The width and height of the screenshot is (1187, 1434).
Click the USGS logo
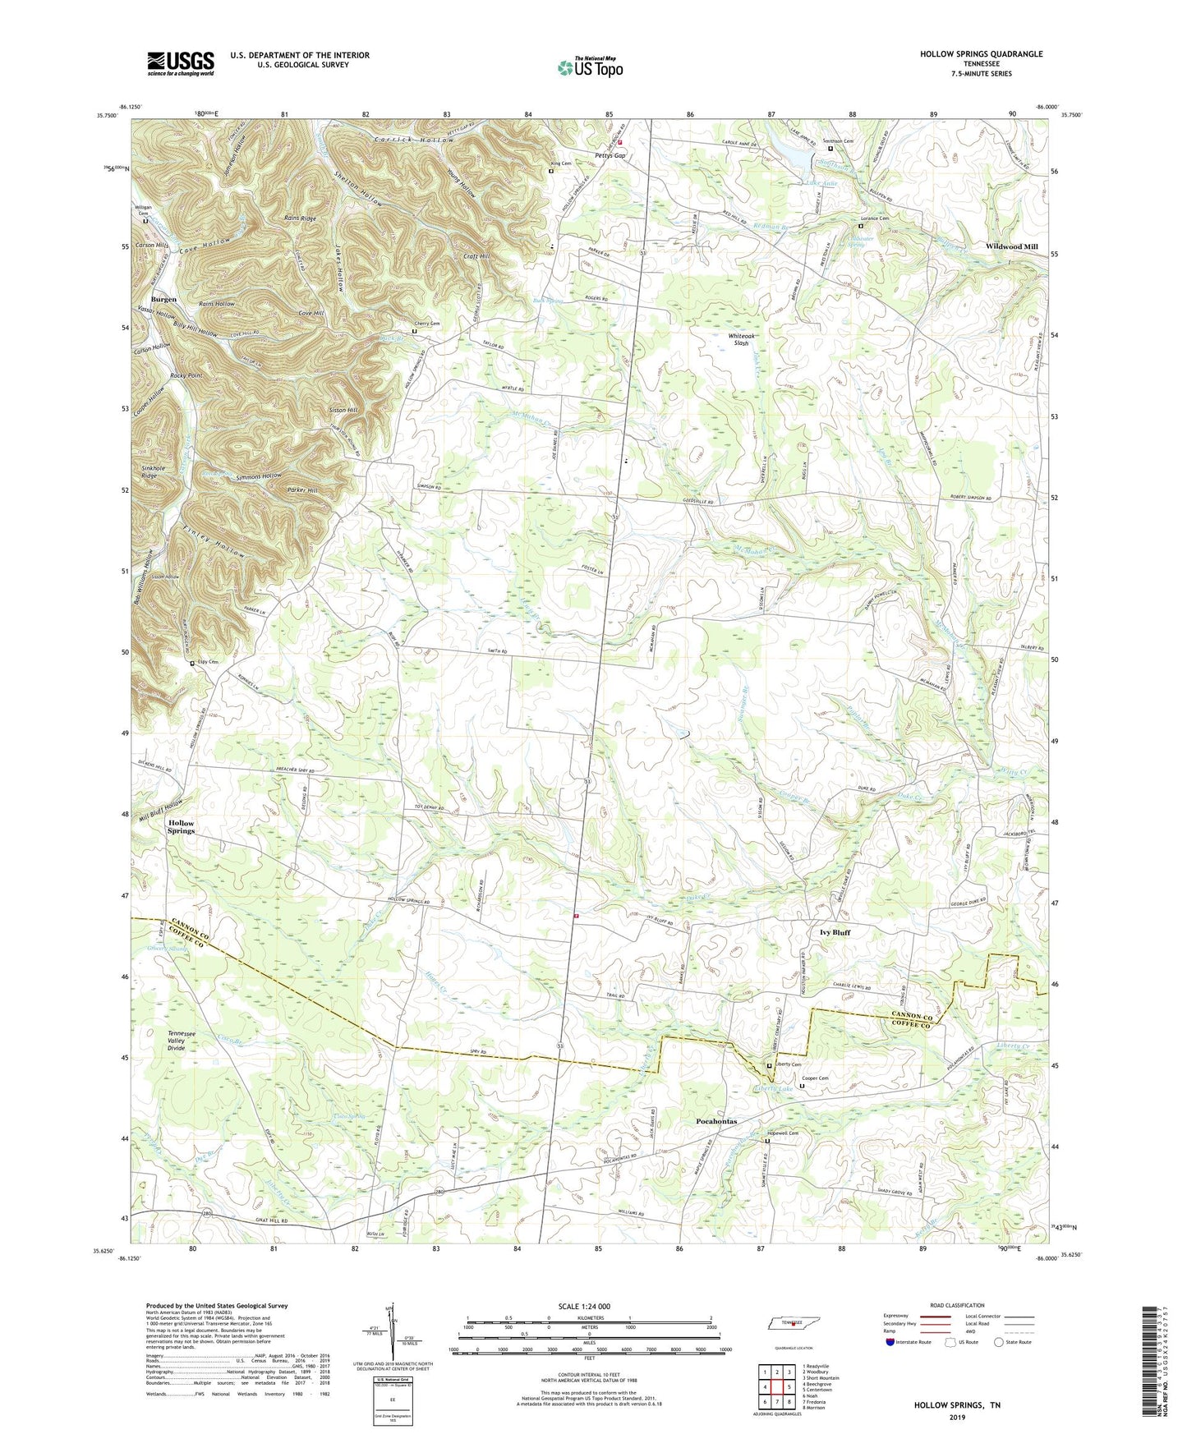pyautogui.click(x=181, y=62)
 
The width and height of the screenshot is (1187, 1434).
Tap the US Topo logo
pyautogui.click(x=589, y=67)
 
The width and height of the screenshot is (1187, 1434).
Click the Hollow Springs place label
pyautogui.click(x=182, y=826)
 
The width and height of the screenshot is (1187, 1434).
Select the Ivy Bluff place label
pyautogui.click(x=835, y=932)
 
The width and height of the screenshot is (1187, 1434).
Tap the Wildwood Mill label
pyautogui.click(x=1011, y=246)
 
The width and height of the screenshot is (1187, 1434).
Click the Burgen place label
pyautogui.click(x=163, y=299)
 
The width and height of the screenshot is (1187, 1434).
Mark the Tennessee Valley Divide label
pyautogui.click(x=188, y=1041)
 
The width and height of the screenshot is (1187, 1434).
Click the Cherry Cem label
pyautogui.click(x=426, y=324)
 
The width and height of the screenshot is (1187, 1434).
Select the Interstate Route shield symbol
pyautogui.click(x=890, y=1342)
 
